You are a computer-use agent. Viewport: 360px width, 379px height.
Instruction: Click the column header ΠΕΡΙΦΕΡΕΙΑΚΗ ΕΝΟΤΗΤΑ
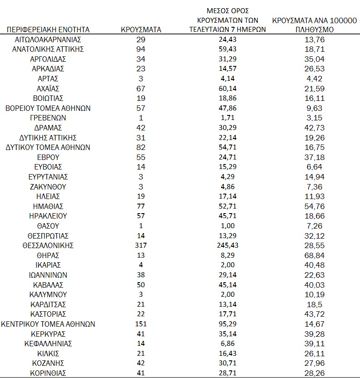click(x=48, y=30)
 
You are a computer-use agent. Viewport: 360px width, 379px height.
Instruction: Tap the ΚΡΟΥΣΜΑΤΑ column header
click(x=141, y=30)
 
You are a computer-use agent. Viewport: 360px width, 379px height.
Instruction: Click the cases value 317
click(x=141, y=245)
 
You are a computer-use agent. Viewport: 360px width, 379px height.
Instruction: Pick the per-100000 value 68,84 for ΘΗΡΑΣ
click(x=314, y=255)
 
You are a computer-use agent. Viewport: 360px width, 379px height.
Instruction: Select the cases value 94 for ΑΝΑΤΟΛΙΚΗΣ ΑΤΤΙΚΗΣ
click(x=141, y=49)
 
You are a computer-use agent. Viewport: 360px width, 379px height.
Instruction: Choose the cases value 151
click(x=141, y=324)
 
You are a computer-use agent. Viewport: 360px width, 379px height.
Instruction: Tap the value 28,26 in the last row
click(x=314, y=373)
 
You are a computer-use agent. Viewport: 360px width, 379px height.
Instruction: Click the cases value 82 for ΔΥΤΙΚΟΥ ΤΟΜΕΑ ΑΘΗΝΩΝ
click(x=141, y=147)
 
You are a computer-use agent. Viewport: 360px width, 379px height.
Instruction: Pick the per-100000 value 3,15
click(x=314, y=118)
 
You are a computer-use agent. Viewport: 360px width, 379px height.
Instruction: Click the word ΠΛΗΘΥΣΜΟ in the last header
click(x=314, y=30)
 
